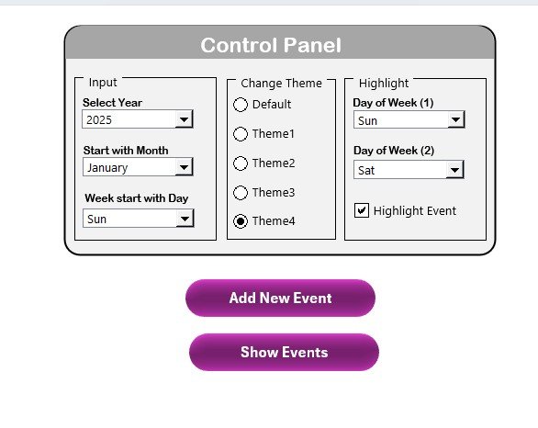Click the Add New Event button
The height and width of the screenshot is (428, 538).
280,298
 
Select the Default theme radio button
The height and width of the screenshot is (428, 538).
241,105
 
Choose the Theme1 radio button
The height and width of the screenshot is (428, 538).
241,134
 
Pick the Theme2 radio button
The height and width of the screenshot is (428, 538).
241,163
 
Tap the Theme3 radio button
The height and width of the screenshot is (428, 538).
241,193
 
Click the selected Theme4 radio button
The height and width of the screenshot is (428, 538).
241,221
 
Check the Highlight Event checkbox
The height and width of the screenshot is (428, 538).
362,210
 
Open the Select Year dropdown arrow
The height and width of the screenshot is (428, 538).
185,119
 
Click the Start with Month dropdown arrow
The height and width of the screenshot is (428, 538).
185,167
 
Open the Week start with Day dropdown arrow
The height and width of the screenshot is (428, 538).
185,219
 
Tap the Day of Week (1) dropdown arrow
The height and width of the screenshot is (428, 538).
456,119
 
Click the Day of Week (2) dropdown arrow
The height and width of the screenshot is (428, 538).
455,170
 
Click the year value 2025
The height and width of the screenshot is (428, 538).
99,120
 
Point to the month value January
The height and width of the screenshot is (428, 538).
107,168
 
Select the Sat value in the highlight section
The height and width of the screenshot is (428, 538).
366,171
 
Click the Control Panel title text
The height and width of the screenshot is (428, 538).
271,45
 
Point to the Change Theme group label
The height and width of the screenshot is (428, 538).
281,83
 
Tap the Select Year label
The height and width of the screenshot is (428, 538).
112,103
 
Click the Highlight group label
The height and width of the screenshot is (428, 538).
384,83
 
